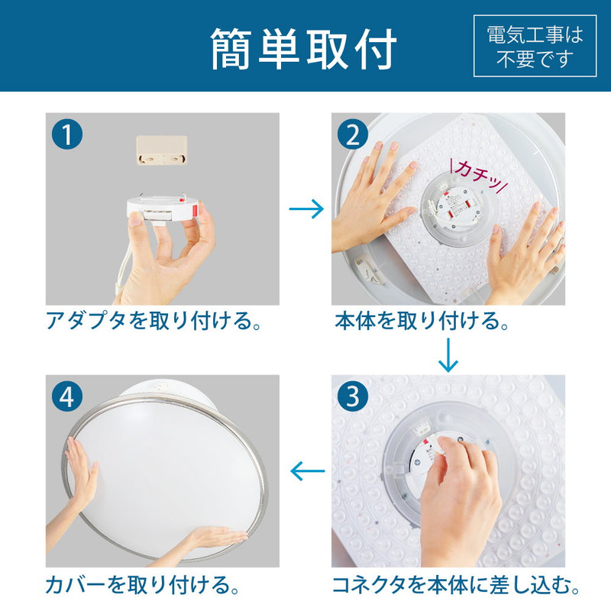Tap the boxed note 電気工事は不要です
534,46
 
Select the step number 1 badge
67,135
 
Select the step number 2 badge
353,135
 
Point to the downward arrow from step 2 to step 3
448,354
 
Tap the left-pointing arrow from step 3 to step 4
308,471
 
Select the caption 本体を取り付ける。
422,322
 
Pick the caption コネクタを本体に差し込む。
456,587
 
